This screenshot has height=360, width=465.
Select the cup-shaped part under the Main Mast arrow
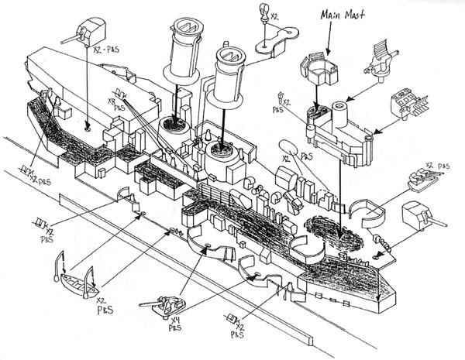click(x=316, y=70)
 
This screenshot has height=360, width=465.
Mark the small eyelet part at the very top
click(x=263, y=10)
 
